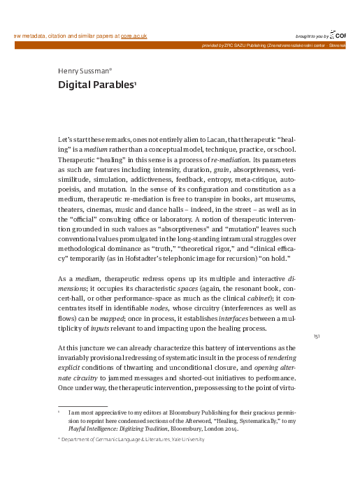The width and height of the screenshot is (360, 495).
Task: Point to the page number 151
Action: click(317, 336)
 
